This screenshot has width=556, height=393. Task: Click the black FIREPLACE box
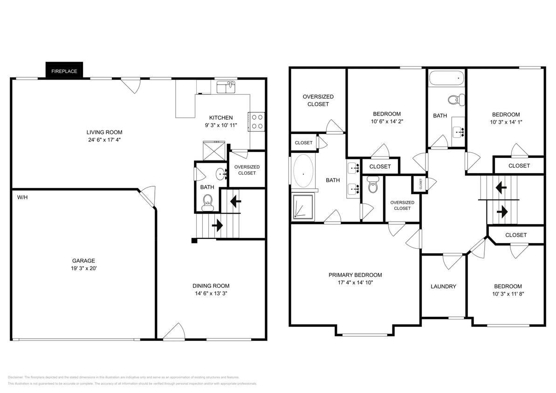(x=64, y=70)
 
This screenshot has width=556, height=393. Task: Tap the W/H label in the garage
(x=22, y=197)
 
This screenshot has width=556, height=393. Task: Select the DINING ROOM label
(x=211, y=286)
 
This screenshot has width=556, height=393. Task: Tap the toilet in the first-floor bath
(x=208, y=202)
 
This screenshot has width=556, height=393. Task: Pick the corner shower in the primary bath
(x=303, y=206)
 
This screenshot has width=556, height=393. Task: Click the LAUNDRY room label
(x=443, y=286)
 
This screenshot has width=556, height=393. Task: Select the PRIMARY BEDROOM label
(x=355, y=275)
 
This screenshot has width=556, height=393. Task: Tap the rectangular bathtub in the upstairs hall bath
(x=446, y=78)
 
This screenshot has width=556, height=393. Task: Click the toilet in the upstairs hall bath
(x=455, y=99)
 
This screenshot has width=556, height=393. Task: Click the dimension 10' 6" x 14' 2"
(x=387, y=121)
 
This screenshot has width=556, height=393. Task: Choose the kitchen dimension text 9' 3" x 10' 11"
(x=220, y=125)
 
